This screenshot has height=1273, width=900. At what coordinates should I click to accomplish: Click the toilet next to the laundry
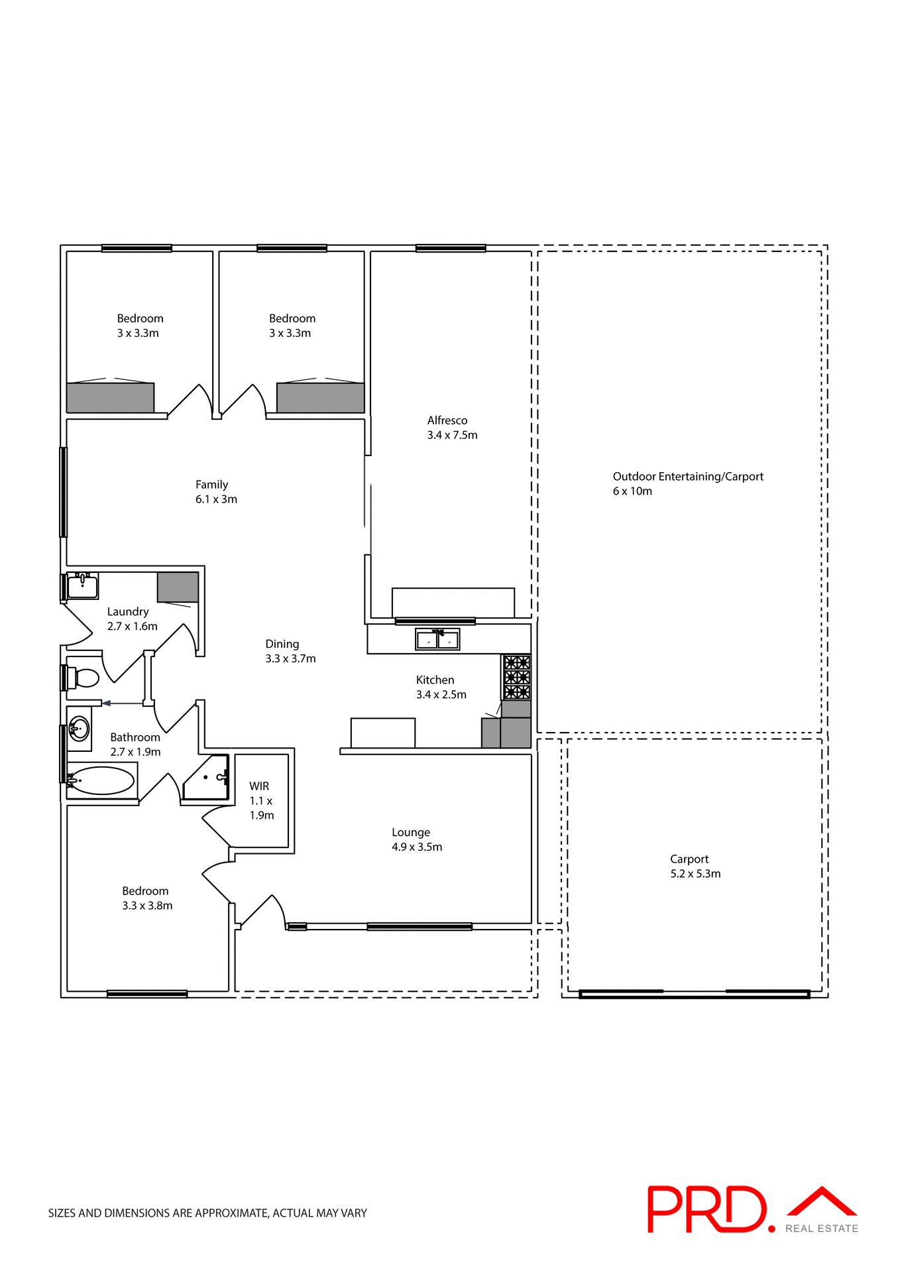coord(85,678)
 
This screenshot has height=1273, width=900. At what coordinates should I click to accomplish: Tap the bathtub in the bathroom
coord(101,781)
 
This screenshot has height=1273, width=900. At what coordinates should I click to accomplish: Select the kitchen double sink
coord(437,640)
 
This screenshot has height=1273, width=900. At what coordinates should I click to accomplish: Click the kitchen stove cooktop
coord(516,677)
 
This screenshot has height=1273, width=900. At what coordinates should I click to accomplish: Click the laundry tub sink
coord(83,586)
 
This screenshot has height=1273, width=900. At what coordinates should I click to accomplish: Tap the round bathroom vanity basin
coord(79,729)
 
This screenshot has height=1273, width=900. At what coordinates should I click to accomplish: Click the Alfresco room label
coord(447,420)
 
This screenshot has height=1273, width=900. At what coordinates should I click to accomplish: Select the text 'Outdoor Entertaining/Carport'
coord(688,477)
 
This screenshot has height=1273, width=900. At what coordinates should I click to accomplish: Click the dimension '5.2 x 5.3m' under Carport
coord(695,874)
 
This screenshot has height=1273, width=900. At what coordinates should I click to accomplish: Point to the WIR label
coord(259,786)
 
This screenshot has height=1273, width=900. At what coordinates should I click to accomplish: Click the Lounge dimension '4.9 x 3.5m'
coord(417,847)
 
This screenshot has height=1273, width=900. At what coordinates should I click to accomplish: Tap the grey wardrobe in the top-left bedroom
coord(110,398)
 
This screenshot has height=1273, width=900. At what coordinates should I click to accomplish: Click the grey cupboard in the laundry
coord(178,587)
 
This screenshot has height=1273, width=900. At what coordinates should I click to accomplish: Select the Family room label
coord(211,485)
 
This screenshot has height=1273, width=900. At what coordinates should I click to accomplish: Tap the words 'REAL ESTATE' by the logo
coord(821,1229)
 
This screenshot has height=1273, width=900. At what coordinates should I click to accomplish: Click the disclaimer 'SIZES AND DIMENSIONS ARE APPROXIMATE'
coord(207,1213)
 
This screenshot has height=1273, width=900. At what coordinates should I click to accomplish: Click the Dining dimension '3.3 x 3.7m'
coord(290,658)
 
